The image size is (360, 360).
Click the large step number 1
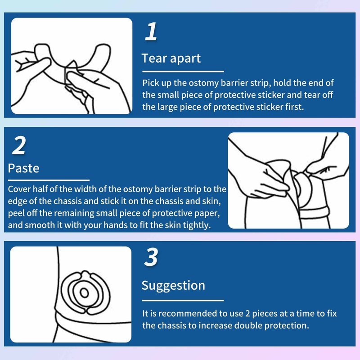pos(151,31)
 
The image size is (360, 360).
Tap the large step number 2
pos(19,145)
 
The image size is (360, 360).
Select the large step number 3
pos(151,257)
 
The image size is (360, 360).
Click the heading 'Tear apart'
pos(171,58)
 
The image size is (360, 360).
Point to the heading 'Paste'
pos(23,168)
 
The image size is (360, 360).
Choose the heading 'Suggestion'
pos(173,286)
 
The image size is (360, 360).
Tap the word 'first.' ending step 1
pos(295,107)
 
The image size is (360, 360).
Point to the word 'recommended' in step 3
pos(189,313)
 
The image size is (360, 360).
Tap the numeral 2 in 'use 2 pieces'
pos(247,314)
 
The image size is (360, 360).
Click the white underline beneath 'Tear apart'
pos(183,72)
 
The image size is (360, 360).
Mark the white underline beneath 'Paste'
pos(49,180)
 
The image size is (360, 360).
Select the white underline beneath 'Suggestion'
pos(183,300)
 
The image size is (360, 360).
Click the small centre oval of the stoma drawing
pos(84,293)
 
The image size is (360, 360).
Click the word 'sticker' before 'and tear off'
pos(271,95)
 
